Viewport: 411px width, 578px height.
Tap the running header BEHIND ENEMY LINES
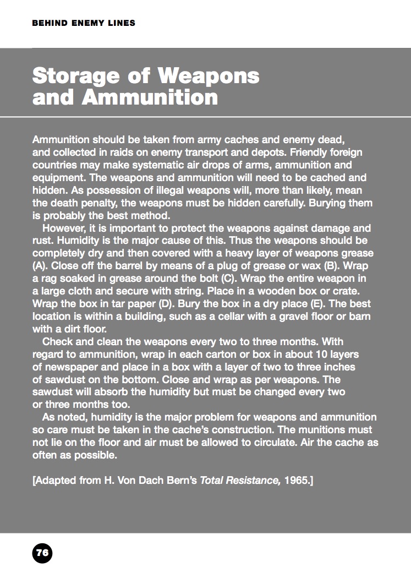click(84, 23)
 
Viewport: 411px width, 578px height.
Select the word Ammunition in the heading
click(150, 97)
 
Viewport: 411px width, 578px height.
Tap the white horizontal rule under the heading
click(205, 117)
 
